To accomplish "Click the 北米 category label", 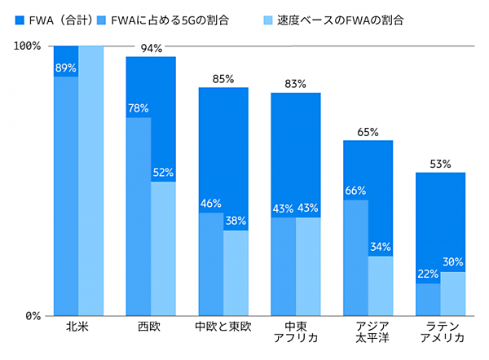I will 78,328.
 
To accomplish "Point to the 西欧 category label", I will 151,328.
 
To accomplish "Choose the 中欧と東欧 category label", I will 223,328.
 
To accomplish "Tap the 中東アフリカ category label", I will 296,333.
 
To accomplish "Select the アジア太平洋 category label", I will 368,333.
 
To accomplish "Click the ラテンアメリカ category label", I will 441,333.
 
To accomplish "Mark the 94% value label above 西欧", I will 152,49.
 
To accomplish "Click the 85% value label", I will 223,79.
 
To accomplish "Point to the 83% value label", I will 296,85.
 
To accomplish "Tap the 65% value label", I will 368,132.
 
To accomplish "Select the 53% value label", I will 441,165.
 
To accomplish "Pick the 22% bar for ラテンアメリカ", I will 428,299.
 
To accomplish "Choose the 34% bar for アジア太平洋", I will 381,285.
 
